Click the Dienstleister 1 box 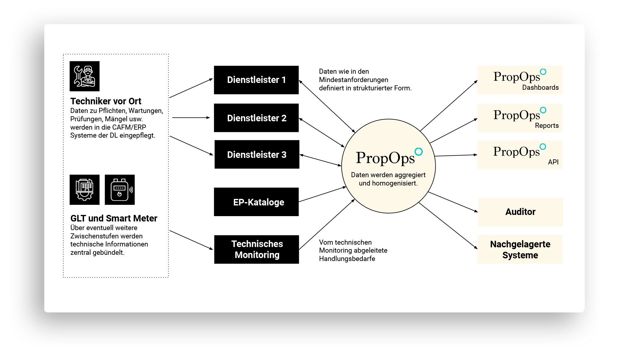tap(256, 80)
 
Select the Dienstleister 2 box tap(256, 118)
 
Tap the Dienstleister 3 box tap(257, 154)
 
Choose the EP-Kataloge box tap(256, 202)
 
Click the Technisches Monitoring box tap(256, 249)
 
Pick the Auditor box tap(520, 212)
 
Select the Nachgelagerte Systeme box tap(520, 249)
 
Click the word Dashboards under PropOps tap(540, 87)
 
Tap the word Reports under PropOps tap(547, 125)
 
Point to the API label tap(553, 162)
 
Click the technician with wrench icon tap(84, 76)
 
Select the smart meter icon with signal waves tap(120, 190)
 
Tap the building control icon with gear tap(84, 190)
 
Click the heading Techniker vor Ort tap(106, 101)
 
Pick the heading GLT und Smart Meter tap(114, 218)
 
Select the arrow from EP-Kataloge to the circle tap(322, 194)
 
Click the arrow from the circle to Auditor tap(453, 202)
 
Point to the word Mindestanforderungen tap(354, 80)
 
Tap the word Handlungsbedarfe tap(347, 259)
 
